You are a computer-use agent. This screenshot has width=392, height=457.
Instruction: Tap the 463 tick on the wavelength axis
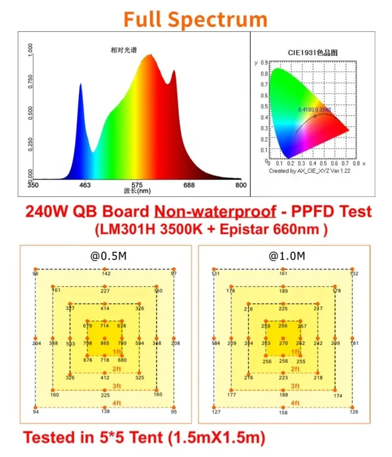pyautogui.click(x=85, y=185)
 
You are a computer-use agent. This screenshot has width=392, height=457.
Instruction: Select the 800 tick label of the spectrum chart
pyautogui.click(x=241, y=185)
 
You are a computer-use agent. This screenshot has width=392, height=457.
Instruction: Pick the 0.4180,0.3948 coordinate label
pyautogui.click(x=314, y=110)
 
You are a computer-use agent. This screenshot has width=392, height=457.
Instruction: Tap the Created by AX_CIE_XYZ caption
pyautogui.click(x=309, y=171)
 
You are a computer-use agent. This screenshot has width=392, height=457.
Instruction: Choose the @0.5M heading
pyautogui.click(x=105, y=256)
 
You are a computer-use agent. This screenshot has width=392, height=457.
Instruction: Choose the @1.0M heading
pyautogui.click(x=283, y=256)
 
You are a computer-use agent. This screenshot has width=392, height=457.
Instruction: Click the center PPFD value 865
pyautogui.click(x=105, y=343)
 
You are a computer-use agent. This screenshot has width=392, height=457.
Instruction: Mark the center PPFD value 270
pyautogui.click(x=283, y=343)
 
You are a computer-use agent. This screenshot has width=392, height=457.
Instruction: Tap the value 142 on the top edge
pyautogui.click(x=106, y=274)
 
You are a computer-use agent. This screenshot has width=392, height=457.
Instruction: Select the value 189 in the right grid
pyautogui.click(x=283, y=291)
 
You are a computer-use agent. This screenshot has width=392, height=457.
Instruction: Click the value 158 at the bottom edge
pyautogui.click(x=283, y=413)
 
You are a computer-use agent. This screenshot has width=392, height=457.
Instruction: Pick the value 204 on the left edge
pyautogui.click(x=36, y=343)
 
